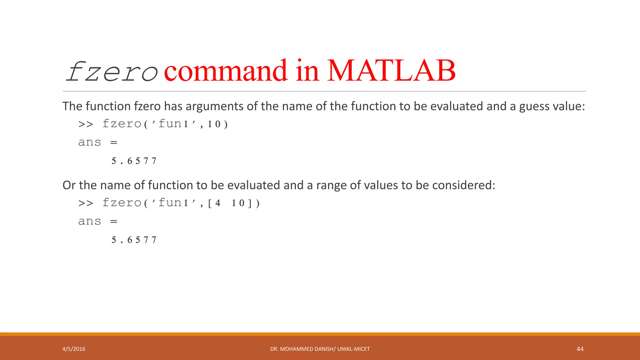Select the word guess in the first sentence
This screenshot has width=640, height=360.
point(534,107)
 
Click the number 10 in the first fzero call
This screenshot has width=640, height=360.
point(214,124)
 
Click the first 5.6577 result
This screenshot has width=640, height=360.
point(134,161)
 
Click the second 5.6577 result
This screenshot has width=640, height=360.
point(134,240)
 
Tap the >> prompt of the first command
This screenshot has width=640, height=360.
point(86,124)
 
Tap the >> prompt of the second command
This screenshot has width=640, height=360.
point(86,203)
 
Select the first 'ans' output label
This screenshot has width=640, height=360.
point(90,142)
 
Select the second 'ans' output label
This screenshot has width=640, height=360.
point(90,222)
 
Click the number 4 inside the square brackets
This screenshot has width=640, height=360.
point(218,203)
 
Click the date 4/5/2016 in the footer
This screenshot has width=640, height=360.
point(74,349)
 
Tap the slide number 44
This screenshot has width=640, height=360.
point(580,349)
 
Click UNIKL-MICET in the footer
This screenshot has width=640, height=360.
point(353,349)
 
